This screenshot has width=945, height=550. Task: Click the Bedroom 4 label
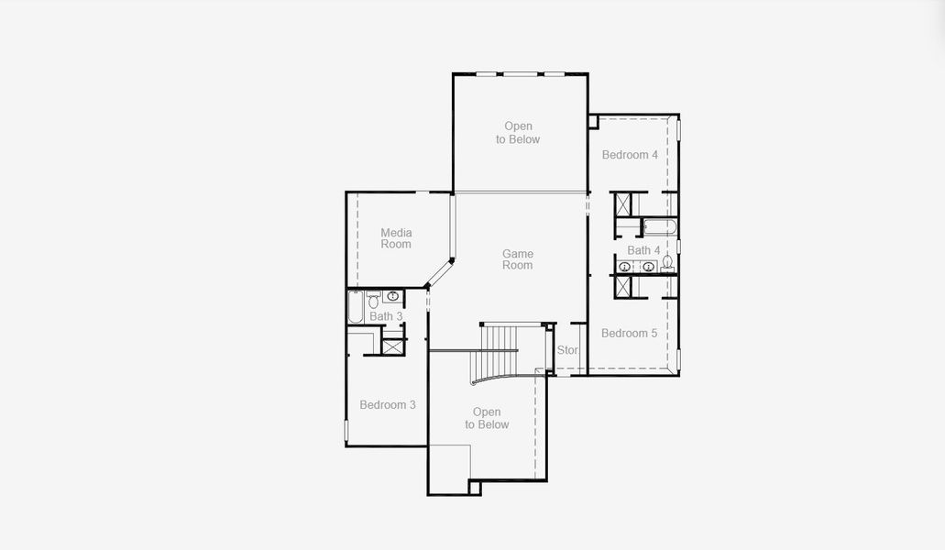coord(630,155)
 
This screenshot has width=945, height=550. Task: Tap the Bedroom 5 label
coord(629,333)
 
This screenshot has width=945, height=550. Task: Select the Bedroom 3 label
coord(388,404)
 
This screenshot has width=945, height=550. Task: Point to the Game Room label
coord(517,259)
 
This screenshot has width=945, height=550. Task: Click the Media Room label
coord(396,238)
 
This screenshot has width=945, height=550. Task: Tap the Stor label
coord(567,350)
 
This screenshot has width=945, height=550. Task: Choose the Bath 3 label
coord(386,316)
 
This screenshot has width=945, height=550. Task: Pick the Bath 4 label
coord(643,250)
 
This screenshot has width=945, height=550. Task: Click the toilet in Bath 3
coord(373,300)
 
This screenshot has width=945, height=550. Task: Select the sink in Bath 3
coord(393,296)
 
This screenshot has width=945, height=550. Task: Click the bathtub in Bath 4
coord(659,226)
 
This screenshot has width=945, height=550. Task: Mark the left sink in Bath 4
coord(625,267)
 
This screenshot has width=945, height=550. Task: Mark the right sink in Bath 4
coord(648,267)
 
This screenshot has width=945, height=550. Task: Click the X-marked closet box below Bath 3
coord(393,346)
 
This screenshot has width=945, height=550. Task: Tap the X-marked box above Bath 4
coord(623,203)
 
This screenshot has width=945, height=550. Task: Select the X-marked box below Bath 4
coord(623,286)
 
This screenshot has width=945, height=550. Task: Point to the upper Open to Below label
coord(518,133)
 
